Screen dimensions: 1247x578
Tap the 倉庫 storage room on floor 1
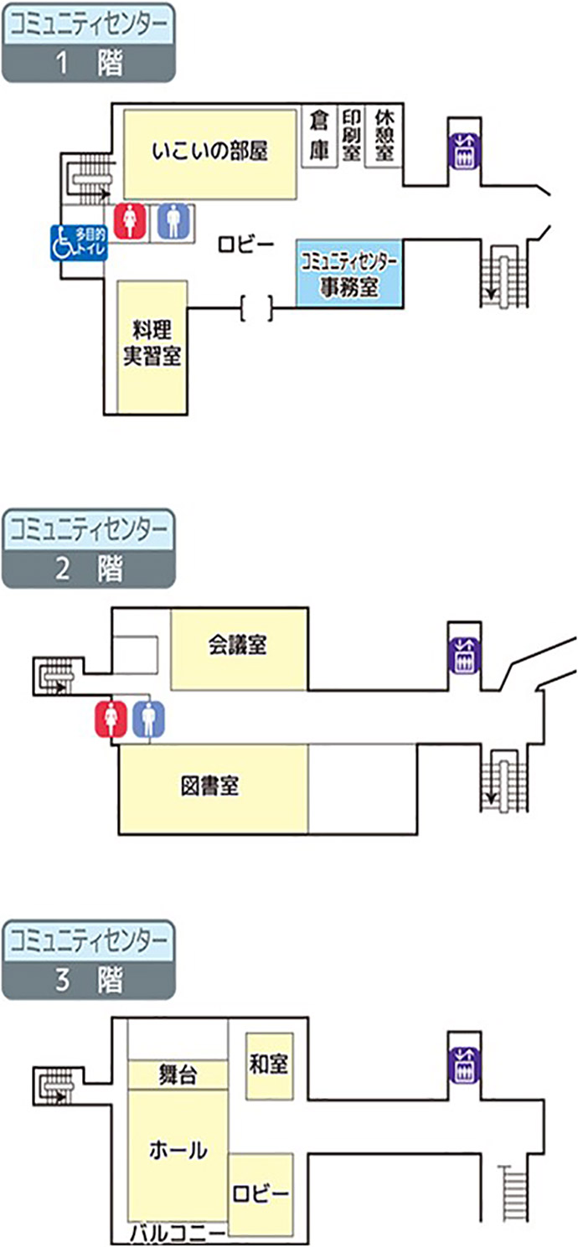[318, 137]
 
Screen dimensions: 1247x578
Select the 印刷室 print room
[351, 137]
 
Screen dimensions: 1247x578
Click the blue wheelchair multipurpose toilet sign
[77, 243]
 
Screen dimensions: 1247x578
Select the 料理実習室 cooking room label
[152, 342]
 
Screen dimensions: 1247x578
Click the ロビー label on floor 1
[246, 244]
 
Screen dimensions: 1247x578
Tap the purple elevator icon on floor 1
[464, 152]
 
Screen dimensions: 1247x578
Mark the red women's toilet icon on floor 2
[111, 718]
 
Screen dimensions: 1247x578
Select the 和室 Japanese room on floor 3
[269, 1064]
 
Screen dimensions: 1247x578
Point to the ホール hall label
[177, 1151]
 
